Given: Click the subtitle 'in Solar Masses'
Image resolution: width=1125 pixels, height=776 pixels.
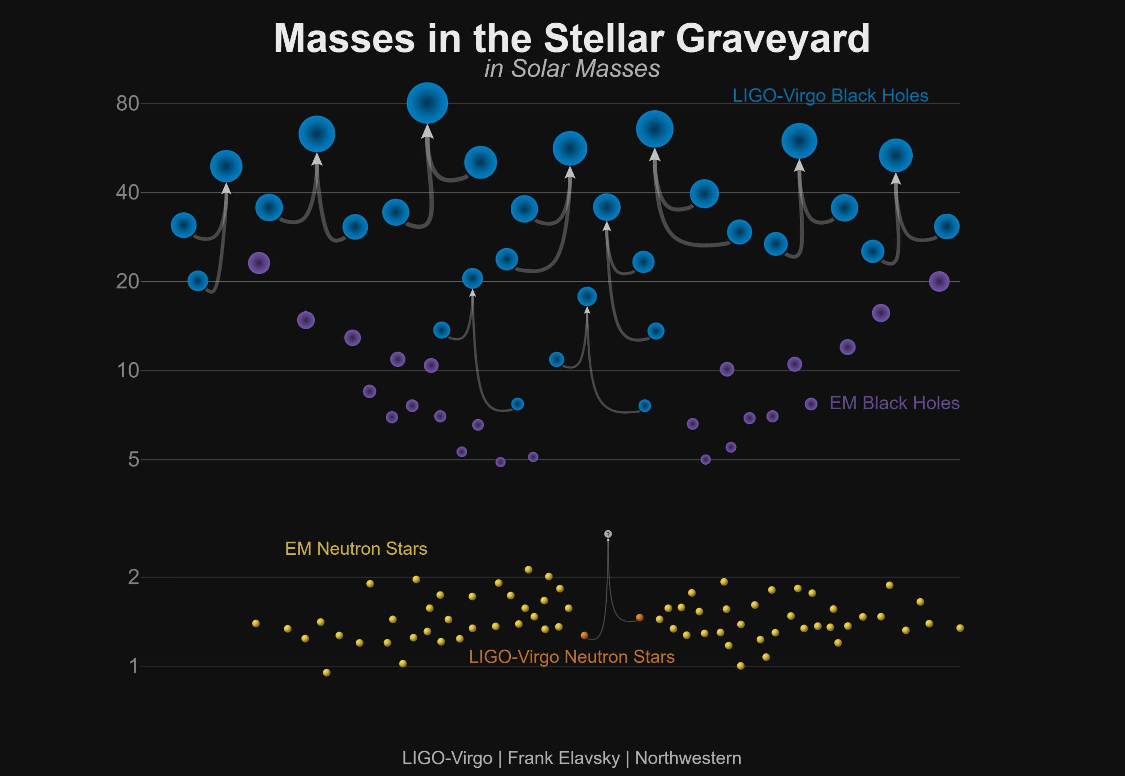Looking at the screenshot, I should coord(572,69).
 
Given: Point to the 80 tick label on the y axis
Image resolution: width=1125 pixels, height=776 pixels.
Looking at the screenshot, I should coord(127,104).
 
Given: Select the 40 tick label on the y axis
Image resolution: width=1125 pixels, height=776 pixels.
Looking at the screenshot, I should coord(127,192).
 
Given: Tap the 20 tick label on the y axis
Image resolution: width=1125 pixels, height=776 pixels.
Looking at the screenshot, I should coord(127,282).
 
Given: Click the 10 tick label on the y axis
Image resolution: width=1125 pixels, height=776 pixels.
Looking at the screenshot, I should coord(128,371).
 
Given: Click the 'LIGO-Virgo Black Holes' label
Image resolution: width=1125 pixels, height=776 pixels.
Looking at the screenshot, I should coord(830,96).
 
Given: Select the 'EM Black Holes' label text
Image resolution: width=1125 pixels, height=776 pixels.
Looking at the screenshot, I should coord(894,403).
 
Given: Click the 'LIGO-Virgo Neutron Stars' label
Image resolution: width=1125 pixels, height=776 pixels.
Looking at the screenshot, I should coord(572,657).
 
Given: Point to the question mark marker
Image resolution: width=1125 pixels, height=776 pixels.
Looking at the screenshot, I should coord(608,534).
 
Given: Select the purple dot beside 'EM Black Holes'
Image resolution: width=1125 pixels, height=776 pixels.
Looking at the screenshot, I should coord(811,404).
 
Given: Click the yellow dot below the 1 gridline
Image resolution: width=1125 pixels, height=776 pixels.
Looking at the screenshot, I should coord(327,672).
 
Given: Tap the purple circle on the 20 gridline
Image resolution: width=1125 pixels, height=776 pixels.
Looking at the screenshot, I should coord(939,282).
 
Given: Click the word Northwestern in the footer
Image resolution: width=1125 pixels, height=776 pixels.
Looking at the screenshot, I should coord(688,758).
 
